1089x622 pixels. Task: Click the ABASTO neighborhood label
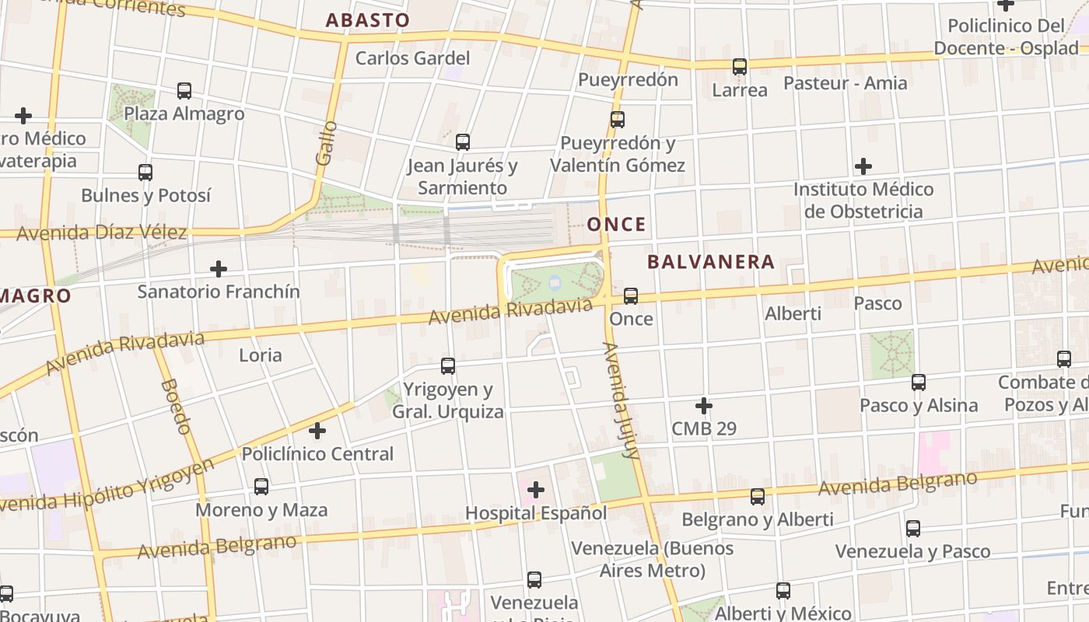tap(367, 21)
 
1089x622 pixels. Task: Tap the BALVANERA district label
tap(711, 262)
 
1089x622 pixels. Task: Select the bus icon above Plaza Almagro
tap(184, 91)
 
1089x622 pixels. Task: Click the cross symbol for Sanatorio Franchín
tap(219, 269)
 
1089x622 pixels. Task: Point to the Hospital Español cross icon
tap(536, 490)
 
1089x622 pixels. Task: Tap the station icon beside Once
tap(631, 296)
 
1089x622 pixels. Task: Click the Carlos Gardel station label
tap(412, 58)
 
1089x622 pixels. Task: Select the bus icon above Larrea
tap(740, 67)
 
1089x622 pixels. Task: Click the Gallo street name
tap(327, 142)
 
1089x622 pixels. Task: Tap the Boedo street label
tap(176, 406)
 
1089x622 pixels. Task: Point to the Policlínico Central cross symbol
tap(317, 431)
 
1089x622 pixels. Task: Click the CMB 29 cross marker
tap(704, 406)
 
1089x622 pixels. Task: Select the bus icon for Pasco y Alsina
tap(919, 383)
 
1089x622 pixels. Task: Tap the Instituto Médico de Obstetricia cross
tap(863, 166)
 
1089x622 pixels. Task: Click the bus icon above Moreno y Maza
tap(261, 487)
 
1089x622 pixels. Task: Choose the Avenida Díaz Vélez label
tap(101, 232)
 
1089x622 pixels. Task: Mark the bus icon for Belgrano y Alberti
tap(758, 497)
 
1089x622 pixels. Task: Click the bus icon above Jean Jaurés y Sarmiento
tap(463, 142)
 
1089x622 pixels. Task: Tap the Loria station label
tap(260, 355)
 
